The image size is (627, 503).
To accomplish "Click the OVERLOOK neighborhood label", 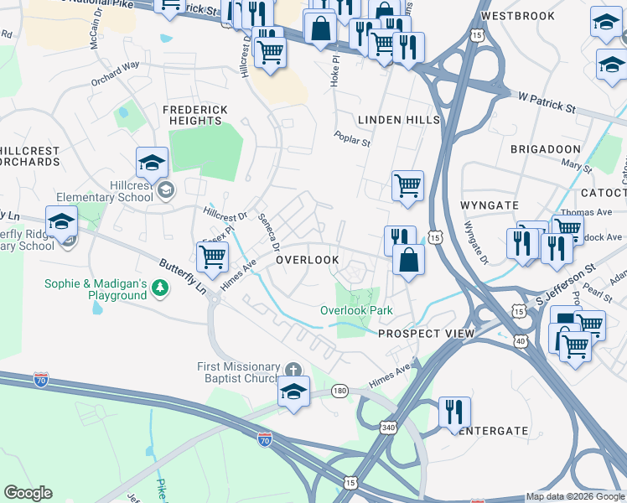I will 308,260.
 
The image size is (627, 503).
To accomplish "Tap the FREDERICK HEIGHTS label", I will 192,116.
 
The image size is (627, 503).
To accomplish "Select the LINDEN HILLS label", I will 399,121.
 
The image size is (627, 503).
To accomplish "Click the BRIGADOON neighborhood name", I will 546,148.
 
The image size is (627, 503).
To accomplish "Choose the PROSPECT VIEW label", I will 426,334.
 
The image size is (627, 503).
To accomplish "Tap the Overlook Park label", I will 356,310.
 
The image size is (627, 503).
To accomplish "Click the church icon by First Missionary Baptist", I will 293,370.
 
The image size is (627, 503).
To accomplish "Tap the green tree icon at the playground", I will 159,289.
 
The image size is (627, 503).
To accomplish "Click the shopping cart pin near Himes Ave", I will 213,257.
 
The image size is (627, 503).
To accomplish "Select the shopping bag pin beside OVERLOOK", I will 408,260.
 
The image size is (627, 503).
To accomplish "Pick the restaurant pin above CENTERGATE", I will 454,412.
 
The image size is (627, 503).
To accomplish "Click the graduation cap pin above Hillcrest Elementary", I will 153,162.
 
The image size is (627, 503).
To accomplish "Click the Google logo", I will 28,493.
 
